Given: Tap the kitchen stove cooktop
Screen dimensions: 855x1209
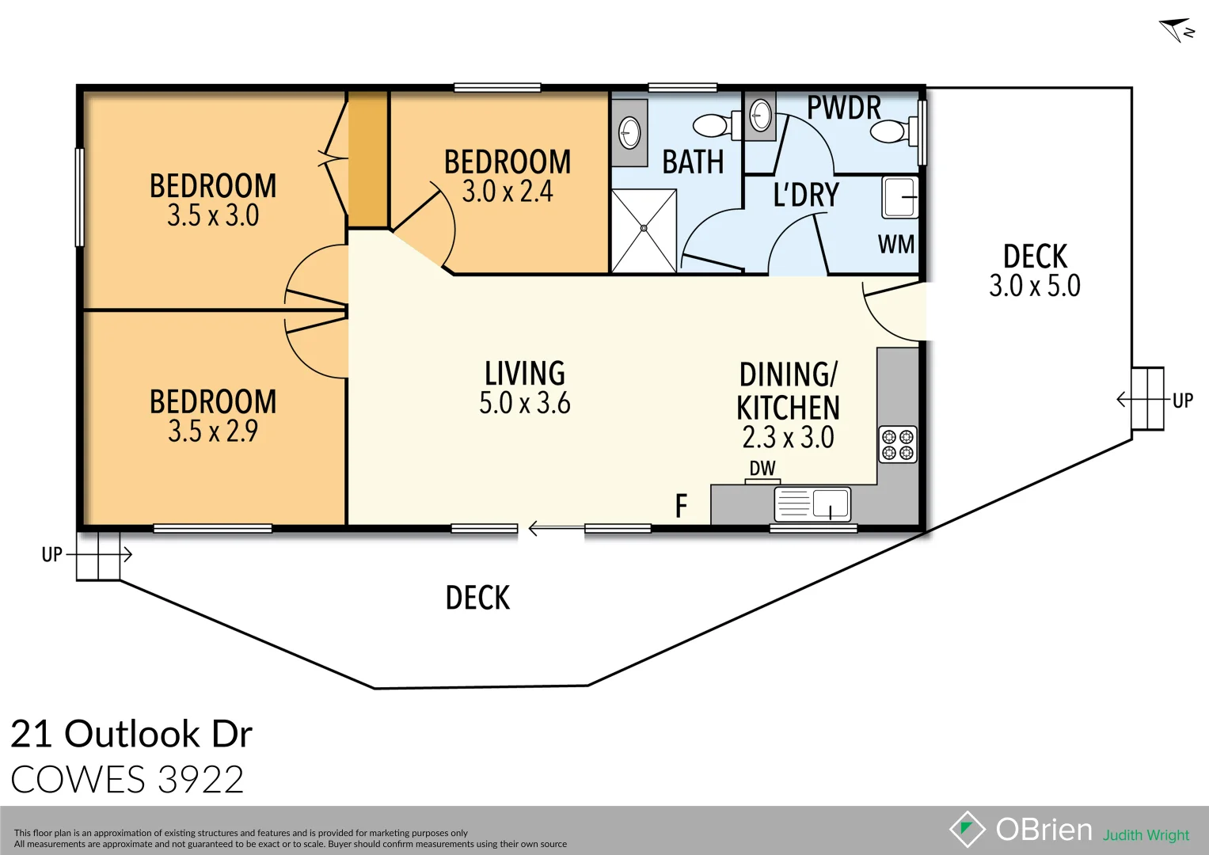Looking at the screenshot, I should [898, 444].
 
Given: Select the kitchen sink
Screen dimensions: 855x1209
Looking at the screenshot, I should [812, 504].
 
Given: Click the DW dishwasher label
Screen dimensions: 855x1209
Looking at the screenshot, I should [762, 469].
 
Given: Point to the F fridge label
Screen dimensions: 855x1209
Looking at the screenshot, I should [681, 506].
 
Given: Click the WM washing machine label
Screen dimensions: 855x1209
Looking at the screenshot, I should [895, 245].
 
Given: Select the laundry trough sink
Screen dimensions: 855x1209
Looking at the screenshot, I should [900, 197].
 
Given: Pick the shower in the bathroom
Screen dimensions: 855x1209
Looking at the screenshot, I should [644, 230].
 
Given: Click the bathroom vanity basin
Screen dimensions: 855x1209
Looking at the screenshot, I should [629, 132].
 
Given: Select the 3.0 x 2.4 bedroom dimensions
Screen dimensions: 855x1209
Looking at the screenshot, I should [508, 192].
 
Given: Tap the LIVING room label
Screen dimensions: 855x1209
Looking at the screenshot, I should [525, 374].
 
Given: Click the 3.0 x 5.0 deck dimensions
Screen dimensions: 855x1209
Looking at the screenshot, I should [1034, 286].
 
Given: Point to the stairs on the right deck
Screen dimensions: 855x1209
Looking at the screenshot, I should [1147, 399].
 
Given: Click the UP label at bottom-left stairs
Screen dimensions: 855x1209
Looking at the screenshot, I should [52, 555].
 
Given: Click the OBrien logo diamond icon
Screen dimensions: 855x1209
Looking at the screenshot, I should [967, 829].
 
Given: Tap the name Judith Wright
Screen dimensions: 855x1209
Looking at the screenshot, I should [1146, 835].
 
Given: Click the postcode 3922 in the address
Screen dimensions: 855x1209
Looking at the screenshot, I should [201, 780].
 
